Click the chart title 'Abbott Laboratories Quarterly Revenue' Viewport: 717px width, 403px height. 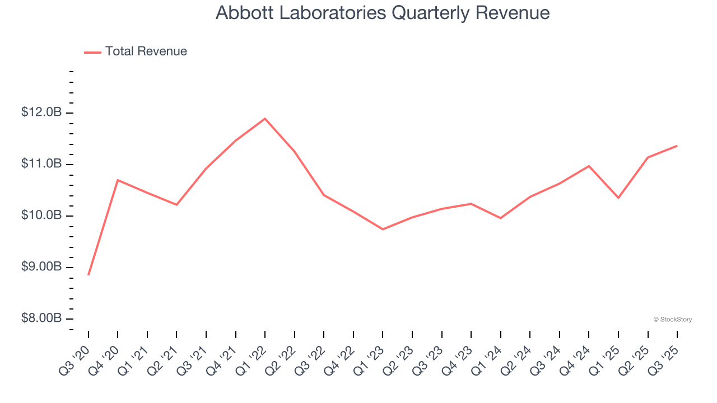point(383,13)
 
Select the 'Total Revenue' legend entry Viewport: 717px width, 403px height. point(146,51)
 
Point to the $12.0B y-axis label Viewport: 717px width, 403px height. point(41,113)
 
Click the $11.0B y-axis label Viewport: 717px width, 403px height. point(41,164)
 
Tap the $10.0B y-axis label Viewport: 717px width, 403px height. point(41,215)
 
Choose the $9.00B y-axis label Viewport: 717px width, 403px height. point(41,267)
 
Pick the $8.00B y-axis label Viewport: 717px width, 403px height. point(41,318)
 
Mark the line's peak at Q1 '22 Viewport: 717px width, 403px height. point(265,119)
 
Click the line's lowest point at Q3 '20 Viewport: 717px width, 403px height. point(89,275)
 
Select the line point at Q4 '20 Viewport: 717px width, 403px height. point(118,180)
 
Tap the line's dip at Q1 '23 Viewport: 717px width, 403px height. point(383,229)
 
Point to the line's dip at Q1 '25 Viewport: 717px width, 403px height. point(618,198)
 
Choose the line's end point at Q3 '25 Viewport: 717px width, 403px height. point(677,146)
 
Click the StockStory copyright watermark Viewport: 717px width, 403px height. point(672,320)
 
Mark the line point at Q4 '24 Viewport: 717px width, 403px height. point(589,166)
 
